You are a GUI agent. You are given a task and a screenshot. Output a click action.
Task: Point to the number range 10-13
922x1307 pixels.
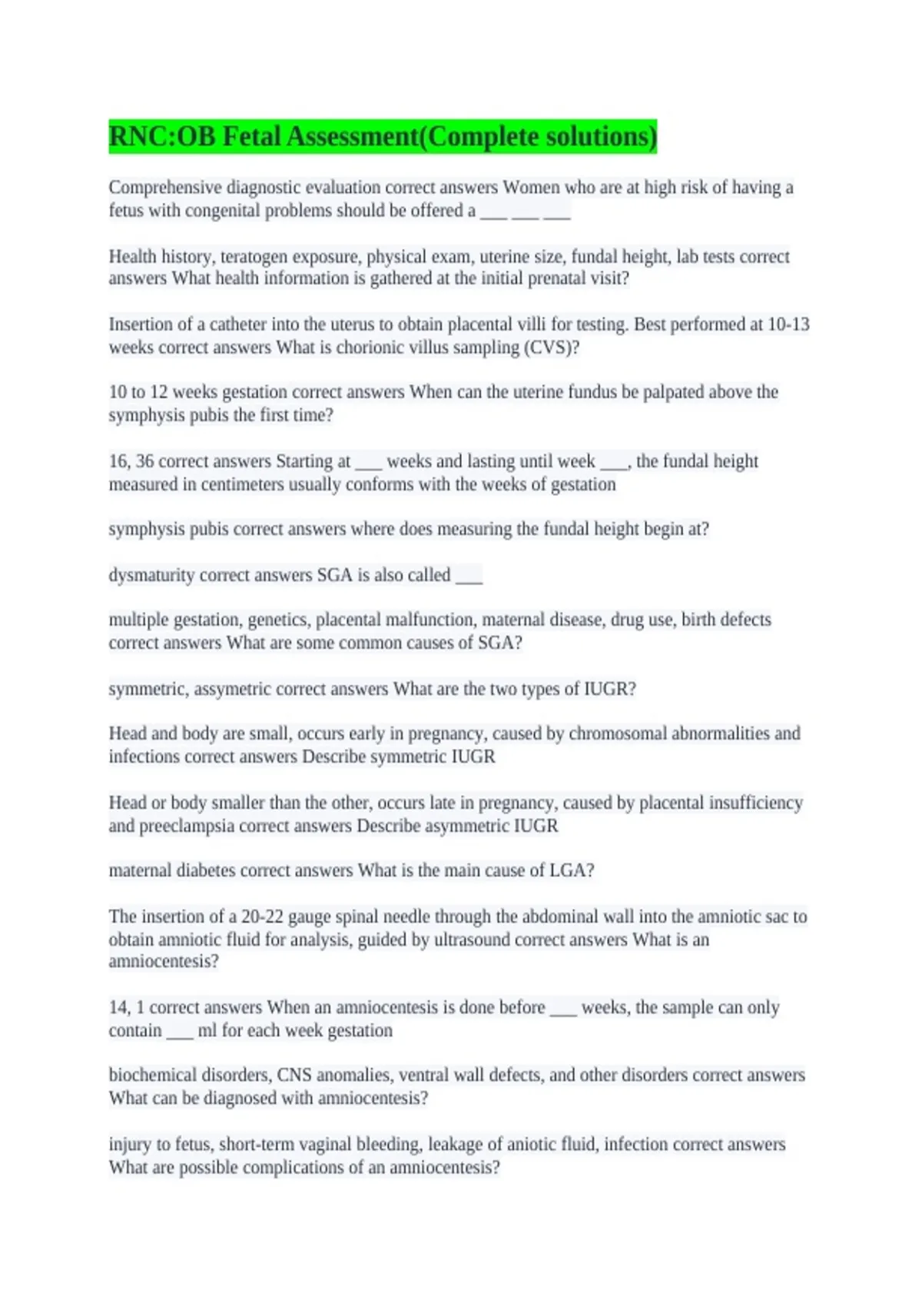point(788,324)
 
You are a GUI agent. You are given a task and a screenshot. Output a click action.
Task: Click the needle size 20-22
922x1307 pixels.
point(262,916)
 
